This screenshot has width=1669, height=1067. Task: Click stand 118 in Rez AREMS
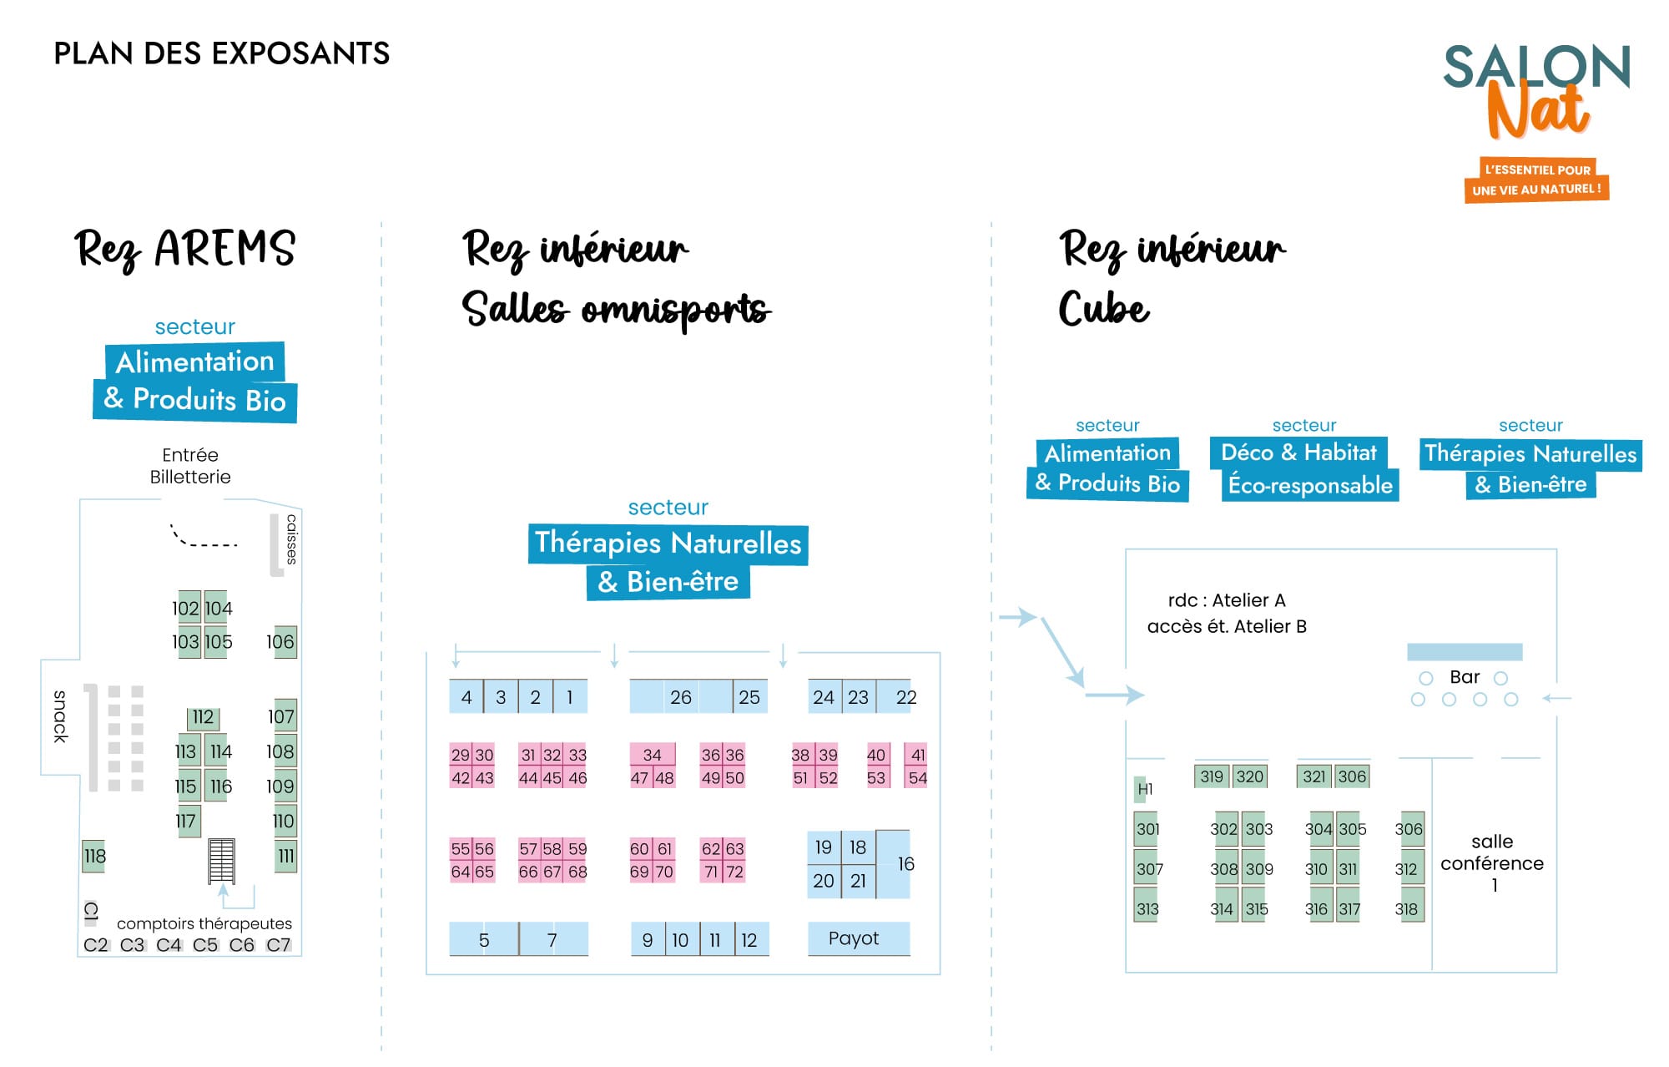coord(93,856)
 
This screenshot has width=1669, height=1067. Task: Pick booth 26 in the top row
coord(681,696)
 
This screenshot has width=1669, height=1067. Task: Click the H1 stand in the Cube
coord(1141,789)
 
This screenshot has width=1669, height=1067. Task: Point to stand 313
coord(1146,908)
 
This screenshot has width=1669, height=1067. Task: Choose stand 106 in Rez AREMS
coord(285,641)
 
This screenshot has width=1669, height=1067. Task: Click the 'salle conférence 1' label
coord(1492,862)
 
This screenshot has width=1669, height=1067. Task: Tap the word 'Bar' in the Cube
coord(1465,676)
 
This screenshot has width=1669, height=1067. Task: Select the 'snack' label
coord(60,716)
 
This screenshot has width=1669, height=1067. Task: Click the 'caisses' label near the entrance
coord(291,539)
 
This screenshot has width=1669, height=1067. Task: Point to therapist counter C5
coord(205,944)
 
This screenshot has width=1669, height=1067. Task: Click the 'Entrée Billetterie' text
coord(190,466)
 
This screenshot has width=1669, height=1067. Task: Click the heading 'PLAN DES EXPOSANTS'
coord(222,53)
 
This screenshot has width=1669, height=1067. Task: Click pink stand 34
coord(653,754)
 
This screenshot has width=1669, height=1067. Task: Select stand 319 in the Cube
coord(1212,776)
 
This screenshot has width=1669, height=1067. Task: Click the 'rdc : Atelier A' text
coord(1227,600)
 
